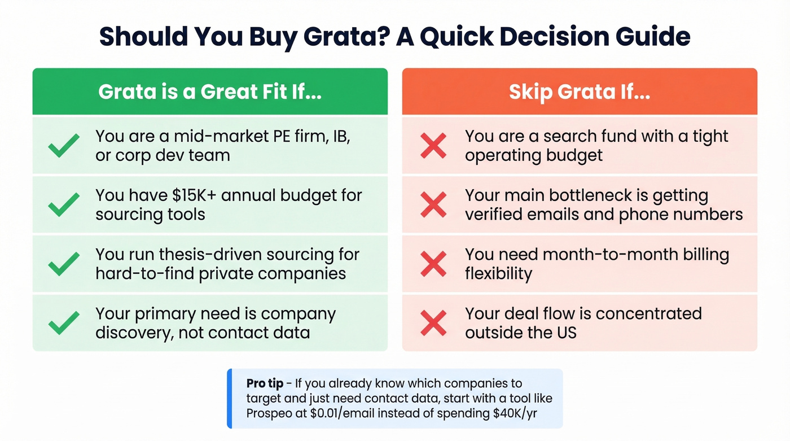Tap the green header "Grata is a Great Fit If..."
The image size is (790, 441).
210,92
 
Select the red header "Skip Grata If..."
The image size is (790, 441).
580,92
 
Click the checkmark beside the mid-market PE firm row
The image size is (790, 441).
64,146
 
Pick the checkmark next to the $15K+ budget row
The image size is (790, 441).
64,204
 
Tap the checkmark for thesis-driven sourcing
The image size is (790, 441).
64,264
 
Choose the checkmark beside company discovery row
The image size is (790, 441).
64,322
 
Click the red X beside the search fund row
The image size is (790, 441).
433,146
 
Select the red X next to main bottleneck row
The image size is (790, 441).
433,204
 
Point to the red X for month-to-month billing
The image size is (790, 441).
433,264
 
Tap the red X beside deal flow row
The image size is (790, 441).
433,322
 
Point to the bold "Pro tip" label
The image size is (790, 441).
265,384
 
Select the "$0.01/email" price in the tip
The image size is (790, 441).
342,413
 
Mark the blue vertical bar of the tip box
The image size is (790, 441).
230,399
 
